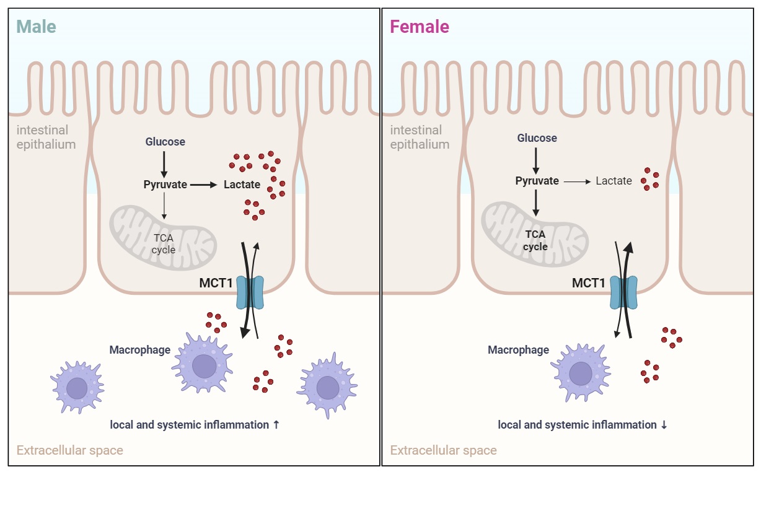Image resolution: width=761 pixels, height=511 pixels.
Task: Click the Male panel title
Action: pyautogui.click(x=36, y=27)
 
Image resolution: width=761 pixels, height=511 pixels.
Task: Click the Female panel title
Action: pyautogui.click(x=419, y=27)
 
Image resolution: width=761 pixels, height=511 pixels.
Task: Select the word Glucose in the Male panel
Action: pyautogui.click(x=165, y=142)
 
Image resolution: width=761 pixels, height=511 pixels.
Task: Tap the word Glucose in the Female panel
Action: pyautogui.click(x=537, y=138)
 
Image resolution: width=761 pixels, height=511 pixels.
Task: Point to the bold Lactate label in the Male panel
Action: pyautogui.click(x=242, y=184)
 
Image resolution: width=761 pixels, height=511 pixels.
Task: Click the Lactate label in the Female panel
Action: pyautogui.click(x=614, y=181)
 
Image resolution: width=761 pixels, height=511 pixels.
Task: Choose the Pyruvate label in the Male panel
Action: pyautogui.click(x=165, y=184)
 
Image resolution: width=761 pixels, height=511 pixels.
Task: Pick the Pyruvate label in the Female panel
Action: pyautogui.click(x=537, y=181)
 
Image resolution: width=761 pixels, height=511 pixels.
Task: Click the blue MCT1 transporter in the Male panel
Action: pyautogui.click(x=250, y=292)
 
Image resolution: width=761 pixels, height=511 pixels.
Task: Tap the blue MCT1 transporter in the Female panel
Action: pyautogui.click(x=623, y=292)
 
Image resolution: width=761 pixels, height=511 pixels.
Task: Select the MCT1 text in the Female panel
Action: pyautogui.click(x=588, y=283)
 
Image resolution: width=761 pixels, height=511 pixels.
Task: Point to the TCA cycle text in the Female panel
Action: pyautogui.click(x=535, y=240)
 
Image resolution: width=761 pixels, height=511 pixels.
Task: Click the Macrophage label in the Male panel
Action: pyautogui.click(x=140, y=350)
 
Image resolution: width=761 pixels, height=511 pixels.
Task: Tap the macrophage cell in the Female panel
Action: pyautogui.click(x=581, y=373)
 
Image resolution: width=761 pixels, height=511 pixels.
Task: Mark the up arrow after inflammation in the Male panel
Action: pyautogui.click(x=276, y=425)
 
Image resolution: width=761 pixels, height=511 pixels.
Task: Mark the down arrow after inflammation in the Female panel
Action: pyautogui.click(x=664, y=425)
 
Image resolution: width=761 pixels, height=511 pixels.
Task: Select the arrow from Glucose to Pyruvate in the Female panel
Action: pyautogui.click(x=536, y=159)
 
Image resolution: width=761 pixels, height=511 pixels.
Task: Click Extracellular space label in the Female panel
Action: pyautogui.click(x=443, y=450)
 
